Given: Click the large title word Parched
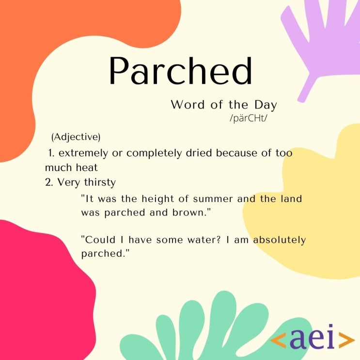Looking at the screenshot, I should pos(180,72).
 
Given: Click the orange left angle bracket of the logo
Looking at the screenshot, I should pos(278,340).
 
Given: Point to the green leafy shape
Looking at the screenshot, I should pos(213,329).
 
